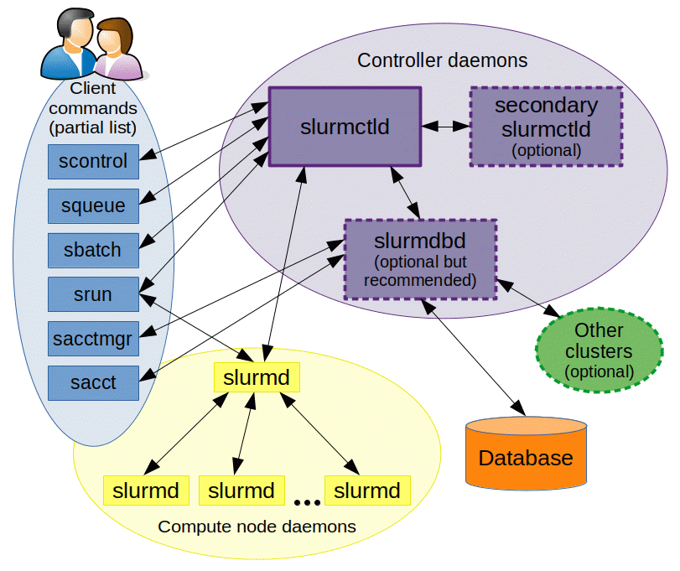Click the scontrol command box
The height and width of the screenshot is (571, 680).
[93, 161]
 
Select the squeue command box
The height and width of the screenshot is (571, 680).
[93, 205]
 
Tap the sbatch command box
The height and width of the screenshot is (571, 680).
[93, 250]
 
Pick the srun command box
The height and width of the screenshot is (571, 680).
[93, 294]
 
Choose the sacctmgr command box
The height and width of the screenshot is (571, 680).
[93, 339]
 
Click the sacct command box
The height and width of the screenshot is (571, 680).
[93, 383]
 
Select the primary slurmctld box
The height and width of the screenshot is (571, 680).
[345, 127]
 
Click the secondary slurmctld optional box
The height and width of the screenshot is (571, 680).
[546, 127]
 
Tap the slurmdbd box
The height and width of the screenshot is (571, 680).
[420, 259]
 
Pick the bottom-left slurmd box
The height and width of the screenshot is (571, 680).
[146, 491]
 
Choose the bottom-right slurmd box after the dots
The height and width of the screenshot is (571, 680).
[367, 491]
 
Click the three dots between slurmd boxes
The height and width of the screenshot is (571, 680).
[307, 502]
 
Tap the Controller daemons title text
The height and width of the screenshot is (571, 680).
[442, 60]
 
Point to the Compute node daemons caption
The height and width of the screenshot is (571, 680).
[257, 527]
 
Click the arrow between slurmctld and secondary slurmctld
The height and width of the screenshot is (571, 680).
[444, 127]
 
